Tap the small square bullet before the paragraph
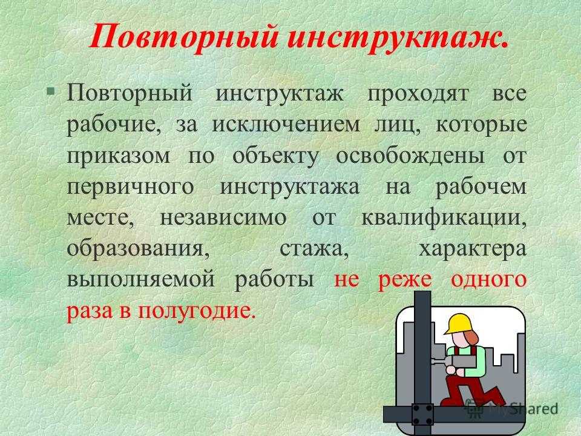50,91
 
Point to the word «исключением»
285,125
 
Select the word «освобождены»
410,156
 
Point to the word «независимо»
223,217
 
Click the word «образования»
138,248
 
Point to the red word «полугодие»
197,311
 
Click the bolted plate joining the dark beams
423,414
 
